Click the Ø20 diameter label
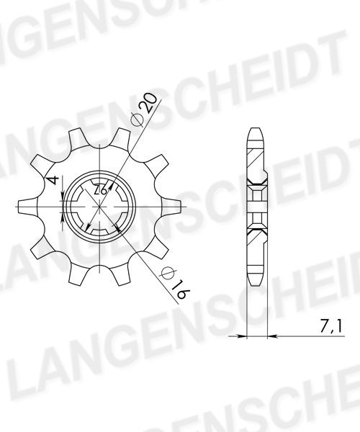[145, 110]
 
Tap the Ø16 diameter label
[176, 283]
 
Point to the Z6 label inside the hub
[100, 190]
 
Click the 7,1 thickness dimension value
[330, 326]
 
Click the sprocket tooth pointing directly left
[27, 207]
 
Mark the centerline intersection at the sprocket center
[99, 207]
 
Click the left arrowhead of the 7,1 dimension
[242, 336]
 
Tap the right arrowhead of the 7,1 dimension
[272, 336]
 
